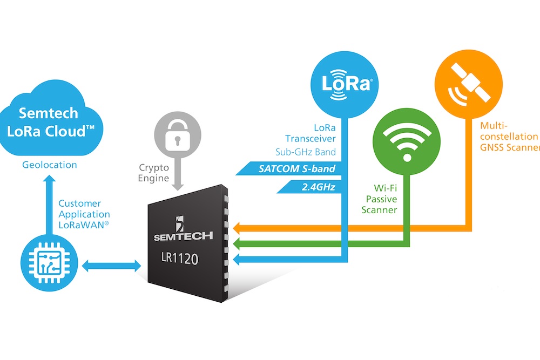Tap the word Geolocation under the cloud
[49, 165]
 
